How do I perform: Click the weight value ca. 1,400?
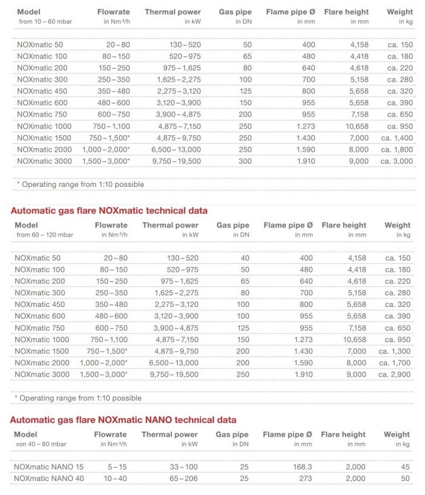(397, 138)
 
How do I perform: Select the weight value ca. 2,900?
(395, 374)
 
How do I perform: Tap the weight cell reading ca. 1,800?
(397, 149)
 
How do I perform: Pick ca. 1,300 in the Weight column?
(395, 351)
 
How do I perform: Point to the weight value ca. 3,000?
(397, 161)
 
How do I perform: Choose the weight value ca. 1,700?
(395, 363)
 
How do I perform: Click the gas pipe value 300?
(245, 161)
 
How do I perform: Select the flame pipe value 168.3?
(302, 466)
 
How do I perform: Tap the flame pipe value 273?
(305, 479)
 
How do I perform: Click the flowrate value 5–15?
(118, 466)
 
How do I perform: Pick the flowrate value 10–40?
(116, 479)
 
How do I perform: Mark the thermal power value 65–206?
(180, 479)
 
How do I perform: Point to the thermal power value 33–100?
(180, 466)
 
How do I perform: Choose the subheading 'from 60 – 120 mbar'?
(45, 235)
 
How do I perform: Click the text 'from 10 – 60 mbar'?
(45, 21)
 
